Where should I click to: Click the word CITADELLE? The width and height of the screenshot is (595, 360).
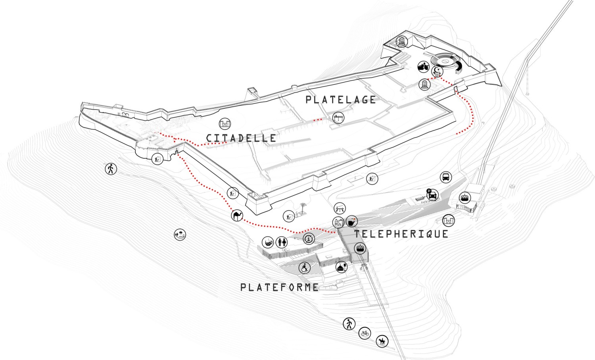click(241, 138)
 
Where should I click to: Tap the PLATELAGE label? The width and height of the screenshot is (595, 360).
click(340, 99)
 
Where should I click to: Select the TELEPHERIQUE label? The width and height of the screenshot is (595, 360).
click(401, 234)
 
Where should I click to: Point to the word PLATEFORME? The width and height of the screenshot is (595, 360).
click(279, 287)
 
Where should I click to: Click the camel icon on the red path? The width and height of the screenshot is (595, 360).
click(237, 216)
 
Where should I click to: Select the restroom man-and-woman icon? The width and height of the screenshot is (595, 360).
click(282, 242)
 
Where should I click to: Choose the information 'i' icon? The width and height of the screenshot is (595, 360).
click(309, 239)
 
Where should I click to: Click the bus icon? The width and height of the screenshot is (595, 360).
click(445, 177)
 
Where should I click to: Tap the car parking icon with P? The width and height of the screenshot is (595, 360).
click(432, 194)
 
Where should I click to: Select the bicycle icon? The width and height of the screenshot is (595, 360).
click(365, 333)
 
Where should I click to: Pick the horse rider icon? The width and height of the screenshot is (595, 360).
click(382, 341)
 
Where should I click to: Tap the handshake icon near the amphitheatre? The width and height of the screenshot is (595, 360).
click(423, 67)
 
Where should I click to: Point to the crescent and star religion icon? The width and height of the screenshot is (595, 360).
click(438, 71)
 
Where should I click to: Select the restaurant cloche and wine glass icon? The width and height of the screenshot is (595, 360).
click(342, 267)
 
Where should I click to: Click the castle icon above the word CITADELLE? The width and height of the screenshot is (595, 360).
click(225, 123)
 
